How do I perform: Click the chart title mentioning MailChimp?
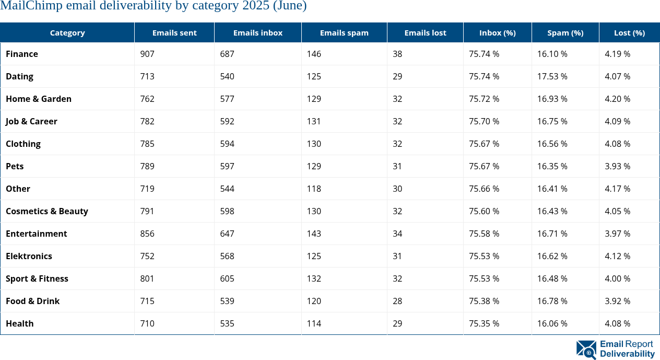[154, 6]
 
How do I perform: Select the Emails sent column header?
[174, 32]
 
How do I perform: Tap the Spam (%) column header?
[565, 32]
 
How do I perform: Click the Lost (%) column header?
[629, 32]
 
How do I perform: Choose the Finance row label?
[22, 54]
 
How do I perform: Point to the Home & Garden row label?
[39, 99]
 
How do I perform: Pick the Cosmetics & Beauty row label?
[47, 211]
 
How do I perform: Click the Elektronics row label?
[29, 256]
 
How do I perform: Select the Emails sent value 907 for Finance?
[147, 54]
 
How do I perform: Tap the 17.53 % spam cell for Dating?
[552, 76]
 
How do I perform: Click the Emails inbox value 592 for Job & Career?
[227, 121]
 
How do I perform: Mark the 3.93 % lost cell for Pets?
[617, 166]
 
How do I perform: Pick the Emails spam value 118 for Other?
[314, 189]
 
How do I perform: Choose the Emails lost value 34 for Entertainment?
[397, 234]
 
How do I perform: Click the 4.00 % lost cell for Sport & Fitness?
[617, 278]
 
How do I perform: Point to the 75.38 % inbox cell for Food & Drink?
[484, 301]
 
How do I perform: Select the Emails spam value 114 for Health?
[314, 323]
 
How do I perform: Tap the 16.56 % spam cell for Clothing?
[552, 144]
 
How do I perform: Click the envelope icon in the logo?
[586, 350]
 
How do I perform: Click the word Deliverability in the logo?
[627, 354]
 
